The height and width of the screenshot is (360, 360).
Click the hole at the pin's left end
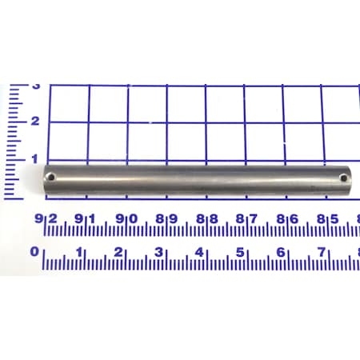pos(52,176)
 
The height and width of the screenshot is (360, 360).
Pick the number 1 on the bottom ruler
pos(78,252)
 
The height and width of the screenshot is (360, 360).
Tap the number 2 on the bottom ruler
pos(118,252)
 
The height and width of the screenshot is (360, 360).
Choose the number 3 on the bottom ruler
pos(158,252)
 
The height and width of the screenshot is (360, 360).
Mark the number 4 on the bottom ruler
pos(199,252)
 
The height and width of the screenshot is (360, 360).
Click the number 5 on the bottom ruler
pos(239,252)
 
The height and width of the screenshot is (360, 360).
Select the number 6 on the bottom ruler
pos(280,252)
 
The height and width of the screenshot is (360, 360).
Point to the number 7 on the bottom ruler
pos(320,252)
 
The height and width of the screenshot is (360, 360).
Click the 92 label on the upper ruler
pos(46,218)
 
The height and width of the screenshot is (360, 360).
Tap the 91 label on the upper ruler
pos(86,218)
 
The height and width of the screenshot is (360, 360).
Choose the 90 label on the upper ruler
pos(126,218)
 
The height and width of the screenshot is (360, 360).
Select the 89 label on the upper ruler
pos(166,218)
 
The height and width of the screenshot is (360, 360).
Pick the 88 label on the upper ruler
pos(206,218)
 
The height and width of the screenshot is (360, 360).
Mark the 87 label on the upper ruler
pos(246,218)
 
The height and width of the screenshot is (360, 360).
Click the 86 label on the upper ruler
pos(287,218)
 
